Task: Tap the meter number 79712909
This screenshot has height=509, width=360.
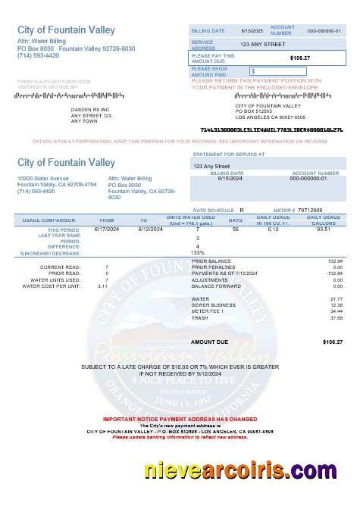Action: click(309, 209)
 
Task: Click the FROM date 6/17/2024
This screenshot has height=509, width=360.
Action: click(104, 228)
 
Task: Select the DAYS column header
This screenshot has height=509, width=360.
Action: click(236, 220)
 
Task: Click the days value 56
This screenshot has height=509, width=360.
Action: click(235, 228)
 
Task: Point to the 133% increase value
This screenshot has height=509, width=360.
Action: click(198, 252)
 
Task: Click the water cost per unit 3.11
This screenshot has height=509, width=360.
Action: click(102, 286)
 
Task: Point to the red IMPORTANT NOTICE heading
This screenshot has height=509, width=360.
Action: click(179, 418)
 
